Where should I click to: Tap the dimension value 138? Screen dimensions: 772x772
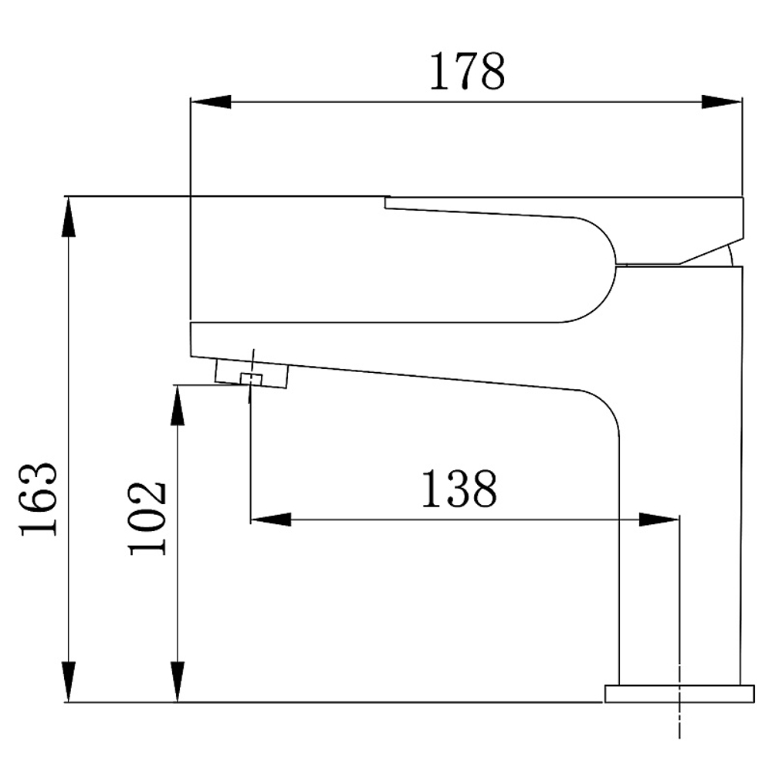[459, 489]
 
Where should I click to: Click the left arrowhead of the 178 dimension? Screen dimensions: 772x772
[210, 102]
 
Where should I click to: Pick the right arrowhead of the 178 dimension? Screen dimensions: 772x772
[721, 102]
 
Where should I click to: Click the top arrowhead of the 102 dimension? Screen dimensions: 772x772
[178, 405]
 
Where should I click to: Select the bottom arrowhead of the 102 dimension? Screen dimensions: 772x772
[178, 682]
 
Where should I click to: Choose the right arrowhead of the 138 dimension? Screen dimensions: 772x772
[659, 519]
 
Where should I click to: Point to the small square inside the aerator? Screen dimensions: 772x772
[250, 378]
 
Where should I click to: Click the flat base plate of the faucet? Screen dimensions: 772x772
[679, 692]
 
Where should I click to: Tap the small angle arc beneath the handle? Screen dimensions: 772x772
[730, 254]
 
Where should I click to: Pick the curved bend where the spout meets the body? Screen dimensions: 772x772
[606, 409]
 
